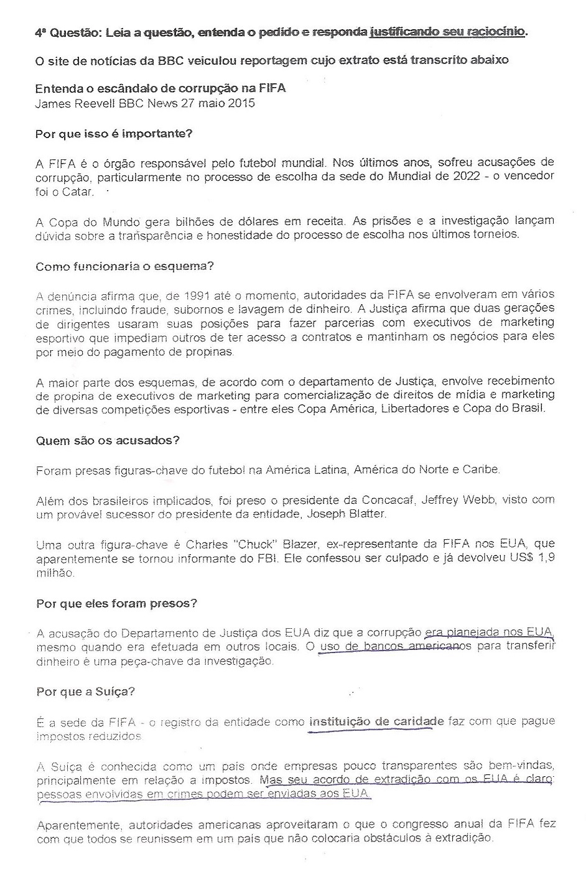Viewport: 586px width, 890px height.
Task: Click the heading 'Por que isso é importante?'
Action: pyautogui.click(x=114, y=134)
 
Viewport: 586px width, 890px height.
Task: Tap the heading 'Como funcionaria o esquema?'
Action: pyautogui.click(x=124, y=266)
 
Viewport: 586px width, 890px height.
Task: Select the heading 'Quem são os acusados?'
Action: pyautogui.click(x=108, y=440)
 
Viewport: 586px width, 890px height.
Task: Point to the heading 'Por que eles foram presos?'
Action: pyautogui.click(x=117, y=603)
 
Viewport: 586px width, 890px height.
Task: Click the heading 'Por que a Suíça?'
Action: pyautogui.click(x=85, y=691)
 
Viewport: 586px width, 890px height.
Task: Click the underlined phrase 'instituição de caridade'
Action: pyautogui.click(x=376, y=721)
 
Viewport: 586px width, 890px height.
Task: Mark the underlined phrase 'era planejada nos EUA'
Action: pyautogui.click(x=489, y=633)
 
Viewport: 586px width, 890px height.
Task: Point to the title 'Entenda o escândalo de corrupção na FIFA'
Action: pyautogui.click(x=160, y=88)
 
